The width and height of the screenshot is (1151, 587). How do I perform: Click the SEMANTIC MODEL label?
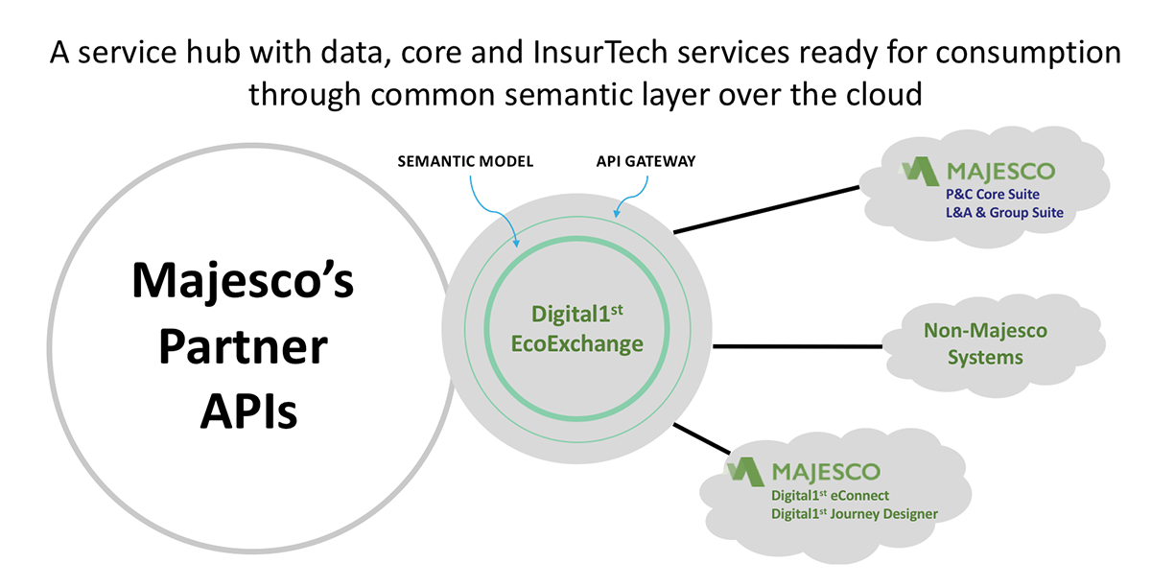[x=465, y=161]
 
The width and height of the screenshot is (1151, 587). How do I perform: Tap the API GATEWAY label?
[x=646, y=161]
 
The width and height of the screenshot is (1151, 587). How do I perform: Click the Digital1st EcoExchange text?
[x=576, y=329]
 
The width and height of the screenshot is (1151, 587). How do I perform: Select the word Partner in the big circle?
[x=243, y=346]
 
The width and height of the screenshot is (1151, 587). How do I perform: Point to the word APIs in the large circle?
[x=248, y=411]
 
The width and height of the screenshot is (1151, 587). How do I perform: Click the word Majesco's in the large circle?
[x=243, y=280]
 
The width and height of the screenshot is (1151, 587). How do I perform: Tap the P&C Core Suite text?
[x=992, y=195]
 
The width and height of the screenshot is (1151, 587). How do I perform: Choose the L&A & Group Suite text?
[x=1004, y=212]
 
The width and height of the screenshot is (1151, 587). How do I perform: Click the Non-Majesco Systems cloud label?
[x=985, y=344]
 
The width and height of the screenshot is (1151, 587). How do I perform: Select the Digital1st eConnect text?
[x=830, y=495]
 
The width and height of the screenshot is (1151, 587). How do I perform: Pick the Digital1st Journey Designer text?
[x=855, y=513]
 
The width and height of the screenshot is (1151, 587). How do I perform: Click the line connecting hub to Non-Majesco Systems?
[x=797, y=346]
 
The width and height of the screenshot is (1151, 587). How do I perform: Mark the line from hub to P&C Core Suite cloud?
[x=766, y=210]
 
